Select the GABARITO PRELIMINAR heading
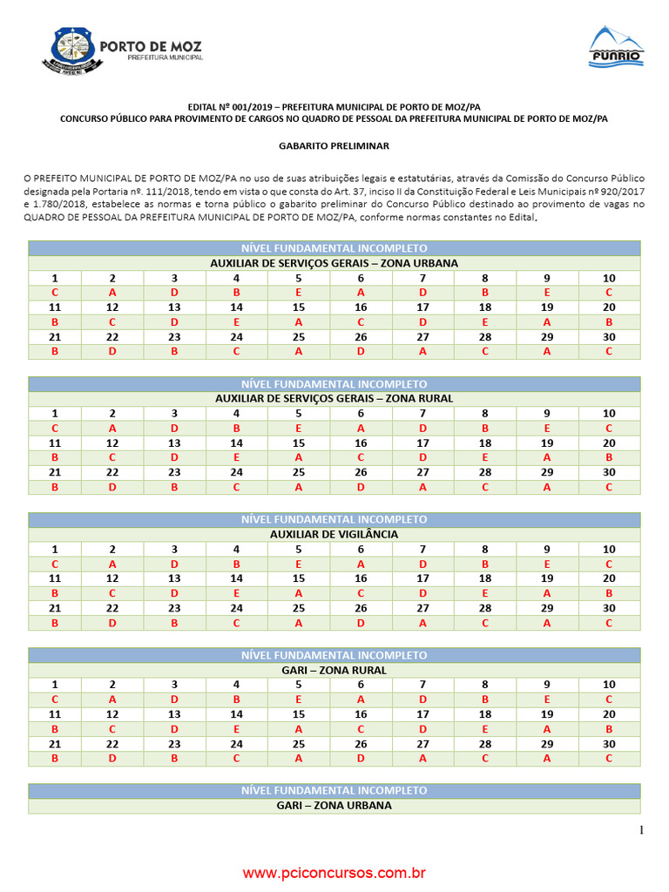334,146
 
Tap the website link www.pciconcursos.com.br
334,872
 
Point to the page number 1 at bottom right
642,830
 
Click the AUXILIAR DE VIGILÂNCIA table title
334,534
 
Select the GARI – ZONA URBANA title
334,806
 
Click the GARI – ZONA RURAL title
334,670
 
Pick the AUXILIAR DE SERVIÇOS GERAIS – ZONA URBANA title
334,262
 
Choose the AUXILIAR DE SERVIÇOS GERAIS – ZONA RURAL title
334,398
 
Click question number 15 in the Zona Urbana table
299,307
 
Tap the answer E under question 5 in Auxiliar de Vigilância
299,564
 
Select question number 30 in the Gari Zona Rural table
609,744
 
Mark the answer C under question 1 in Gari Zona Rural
55,699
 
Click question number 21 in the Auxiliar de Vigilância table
55,608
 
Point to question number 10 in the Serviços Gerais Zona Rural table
609,413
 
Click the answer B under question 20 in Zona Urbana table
609,321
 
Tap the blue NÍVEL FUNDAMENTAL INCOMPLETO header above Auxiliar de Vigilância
334,519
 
